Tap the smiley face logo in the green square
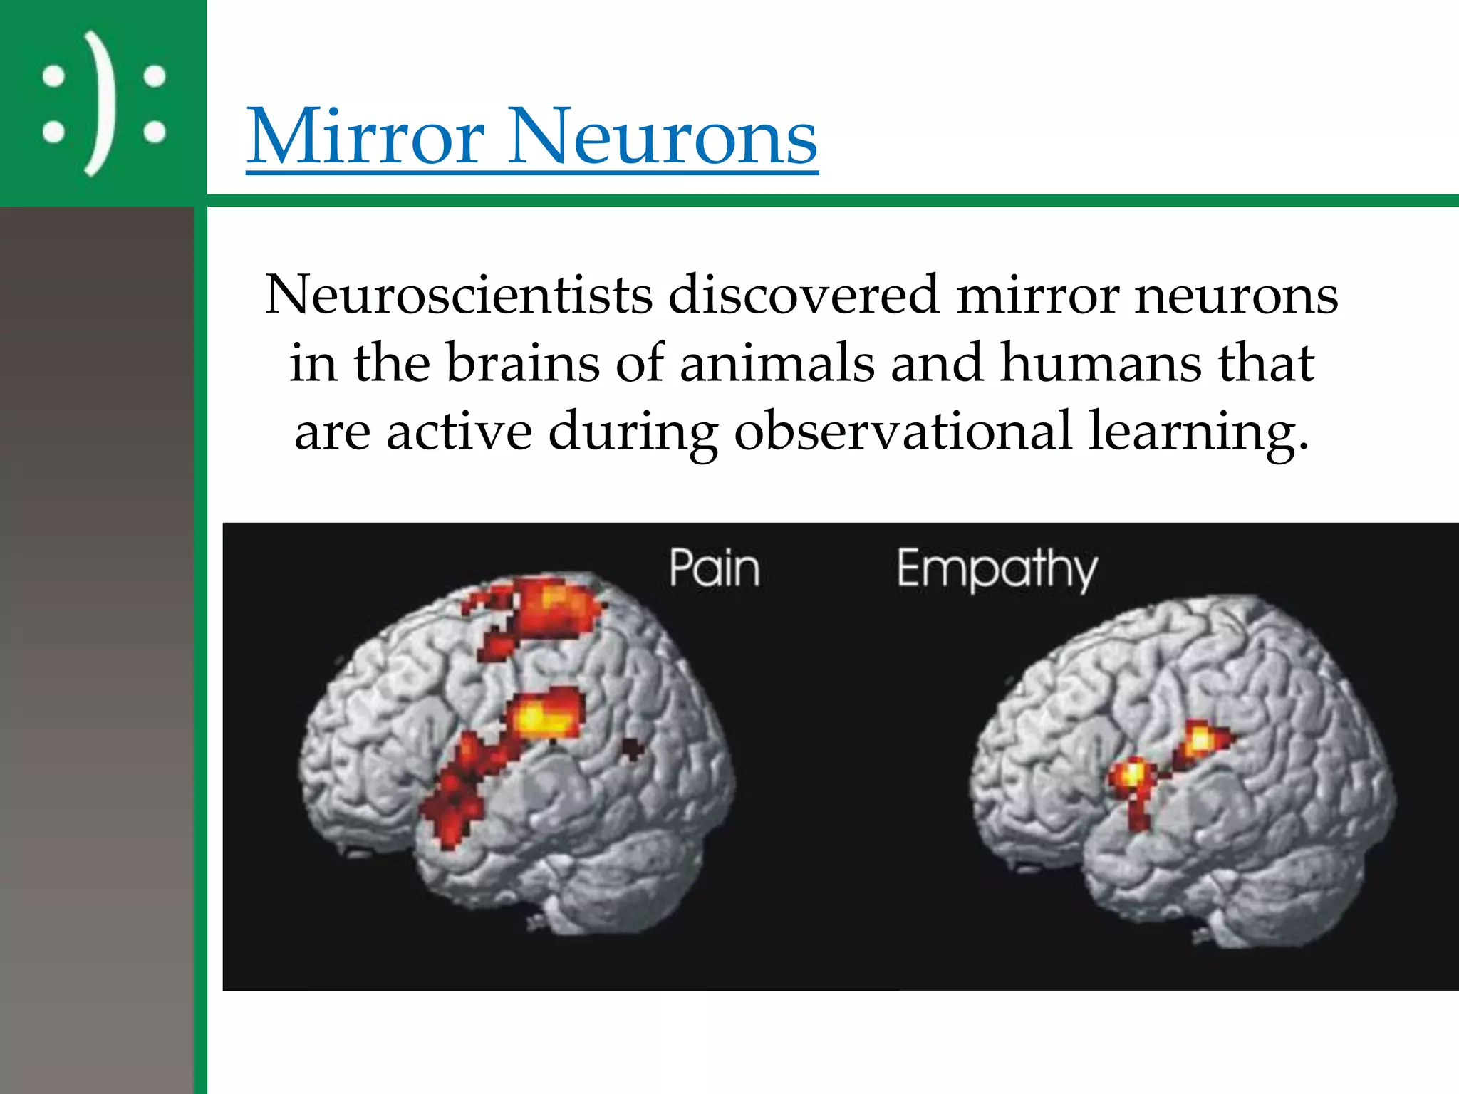104,104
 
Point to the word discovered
804,295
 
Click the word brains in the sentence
523,363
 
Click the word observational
903,432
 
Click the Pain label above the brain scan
715,568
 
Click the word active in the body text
459,432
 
